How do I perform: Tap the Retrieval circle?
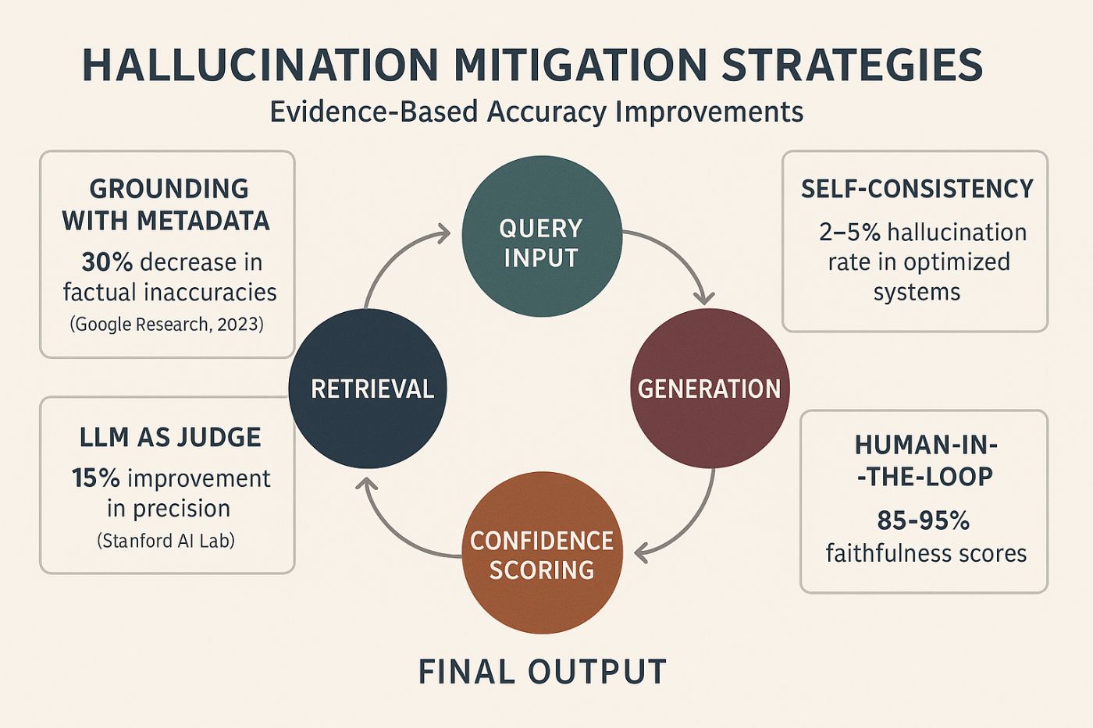point(368,388)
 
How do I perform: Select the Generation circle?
point(709,388)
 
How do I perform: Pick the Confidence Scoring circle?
point(542,554)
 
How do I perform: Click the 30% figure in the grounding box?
point(106,262)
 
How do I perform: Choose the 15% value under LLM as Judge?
point(95,478)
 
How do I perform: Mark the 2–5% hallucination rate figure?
point(849,233)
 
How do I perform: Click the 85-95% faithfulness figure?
point(923,520)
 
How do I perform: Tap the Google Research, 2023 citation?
point(167,324)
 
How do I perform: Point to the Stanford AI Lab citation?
point(166,540)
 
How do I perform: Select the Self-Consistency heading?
point(917,189)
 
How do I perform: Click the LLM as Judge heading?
point(170,437)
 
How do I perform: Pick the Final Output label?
point(542,672)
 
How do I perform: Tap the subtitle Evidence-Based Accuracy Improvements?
point(536,112)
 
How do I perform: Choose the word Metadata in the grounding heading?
point(203,221)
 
